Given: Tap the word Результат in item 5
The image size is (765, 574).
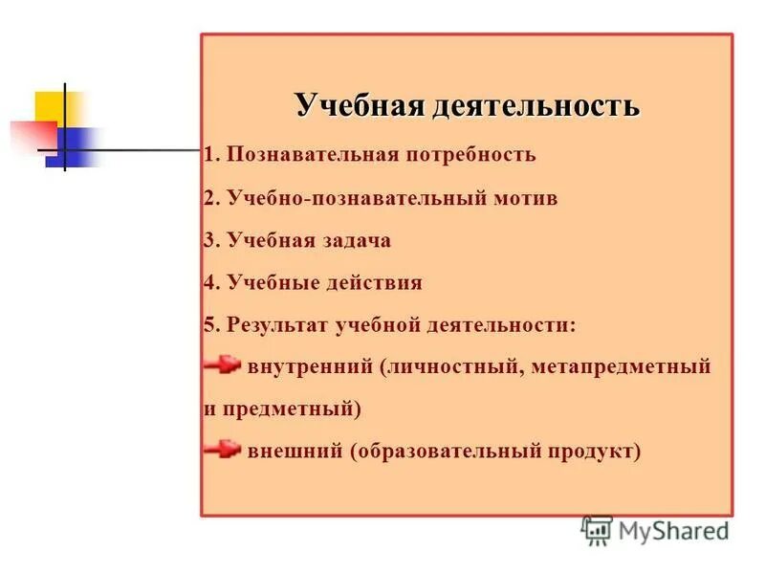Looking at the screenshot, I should (x=277, y=325).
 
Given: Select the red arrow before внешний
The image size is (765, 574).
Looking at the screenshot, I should (x=222, y=449).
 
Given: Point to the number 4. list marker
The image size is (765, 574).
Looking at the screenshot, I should (x=212, y=283).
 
